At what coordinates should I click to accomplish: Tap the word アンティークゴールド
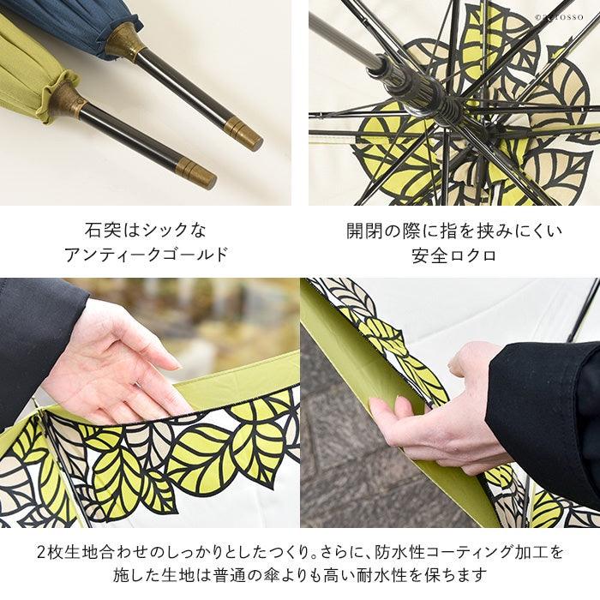click(146, 255)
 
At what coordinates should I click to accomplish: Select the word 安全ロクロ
click(454, 255)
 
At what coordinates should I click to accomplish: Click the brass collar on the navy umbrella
click(125, 43)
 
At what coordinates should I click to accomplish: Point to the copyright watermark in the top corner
click(559, 17)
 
